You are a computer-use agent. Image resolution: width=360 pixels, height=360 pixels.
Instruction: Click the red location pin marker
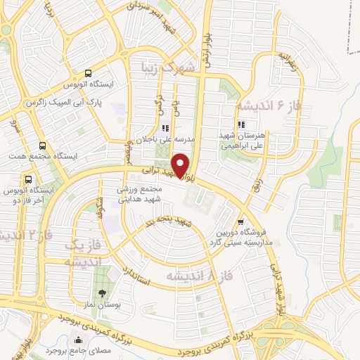181,165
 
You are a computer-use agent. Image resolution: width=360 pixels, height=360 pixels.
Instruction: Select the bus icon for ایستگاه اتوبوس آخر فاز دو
28,179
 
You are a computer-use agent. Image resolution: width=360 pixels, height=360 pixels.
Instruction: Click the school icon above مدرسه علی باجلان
165,128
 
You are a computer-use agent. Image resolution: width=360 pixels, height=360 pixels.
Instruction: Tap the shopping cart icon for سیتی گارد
241,219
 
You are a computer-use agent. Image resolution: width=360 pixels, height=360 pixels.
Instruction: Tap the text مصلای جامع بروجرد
71,349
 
